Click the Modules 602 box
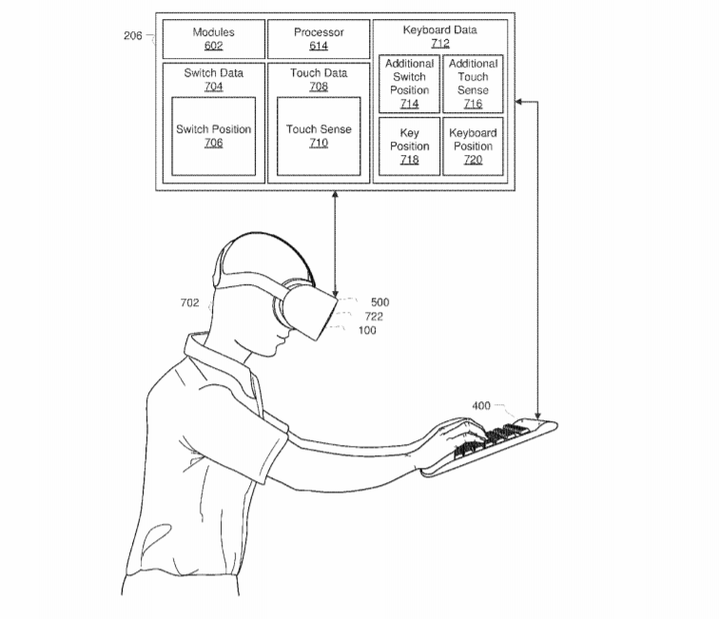214,39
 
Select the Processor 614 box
319,39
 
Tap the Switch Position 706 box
214,136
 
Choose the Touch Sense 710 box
319,136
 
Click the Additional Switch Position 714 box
410,84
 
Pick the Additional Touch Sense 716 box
473,84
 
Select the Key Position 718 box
410,146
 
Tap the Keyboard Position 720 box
473,146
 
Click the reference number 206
133,36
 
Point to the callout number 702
190,302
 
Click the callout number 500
380,302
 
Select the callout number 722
374,317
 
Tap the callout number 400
481,406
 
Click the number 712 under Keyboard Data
440,44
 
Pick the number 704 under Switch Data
214,87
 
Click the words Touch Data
319,73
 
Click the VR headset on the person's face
305,310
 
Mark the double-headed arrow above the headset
335,244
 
